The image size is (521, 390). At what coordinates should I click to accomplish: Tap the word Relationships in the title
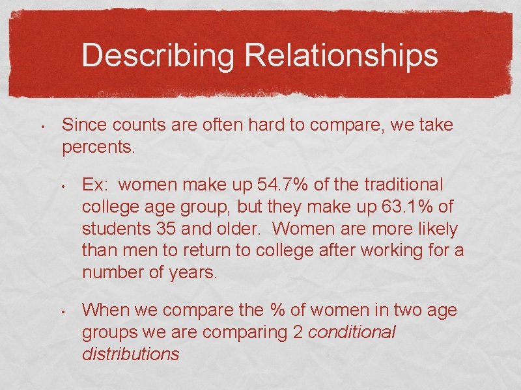click(341, 56)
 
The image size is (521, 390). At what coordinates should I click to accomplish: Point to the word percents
click(98, 147)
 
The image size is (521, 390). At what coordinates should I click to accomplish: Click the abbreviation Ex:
click(96, 185)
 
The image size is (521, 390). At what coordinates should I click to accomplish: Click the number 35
click(167, 229)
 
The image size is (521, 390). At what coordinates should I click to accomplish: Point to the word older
click(240, 229)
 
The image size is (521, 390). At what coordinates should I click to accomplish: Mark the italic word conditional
click(351, 332)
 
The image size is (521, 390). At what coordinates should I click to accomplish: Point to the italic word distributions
click(130, 354)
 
